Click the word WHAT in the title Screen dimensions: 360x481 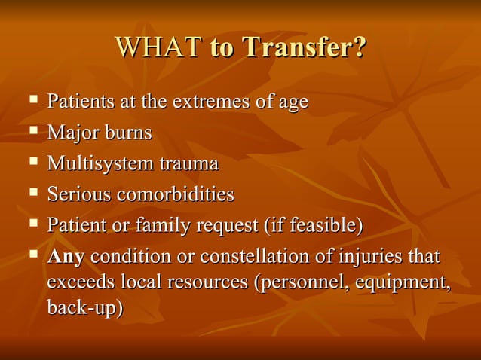click(158, 48)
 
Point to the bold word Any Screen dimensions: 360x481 click(66, 256)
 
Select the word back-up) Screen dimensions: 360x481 click(85, 309)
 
